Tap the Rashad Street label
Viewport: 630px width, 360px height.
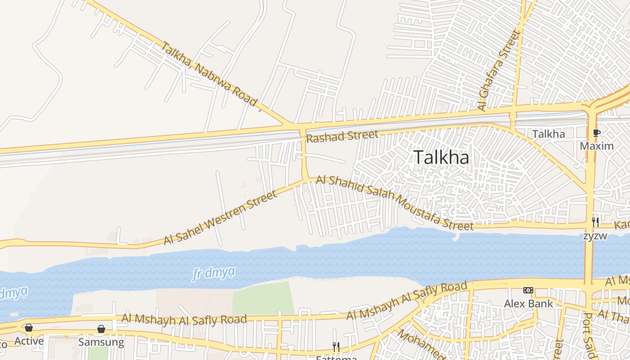[x=342, y=136]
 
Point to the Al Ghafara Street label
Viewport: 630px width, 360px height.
[x=499, y=70]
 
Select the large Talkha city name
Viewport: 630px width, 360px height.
[x=441, y=157]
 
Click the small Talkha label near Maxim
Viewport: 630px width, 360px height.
[x=548, y=134]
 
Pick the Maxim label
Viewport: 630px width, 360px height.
[x=597, y=146]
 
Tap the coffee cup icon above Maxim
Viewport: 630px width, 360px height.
[x=597, y=133]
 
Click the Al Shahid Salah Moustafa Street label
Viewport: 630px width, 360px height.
[x=394, y=202]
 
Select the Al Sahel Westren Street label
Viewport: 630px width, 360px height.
[x=220, y=218]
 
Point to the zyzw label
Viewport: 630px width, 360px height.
[x=595, y=236]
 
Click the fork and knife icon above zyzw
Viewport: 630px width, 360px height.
[x=595, y=222]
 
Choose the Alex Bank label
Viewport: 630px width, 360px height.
[x=528, y=304]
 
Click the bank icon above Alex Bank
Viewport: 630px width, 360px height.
[x=528, y=291]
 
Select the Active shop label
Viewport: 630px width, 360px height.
[x=29, y=341]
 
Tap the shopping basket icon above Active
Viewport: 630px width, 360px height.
[x=29, y=328]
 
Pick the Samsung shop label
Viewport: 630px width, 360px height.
[x=101, y=342]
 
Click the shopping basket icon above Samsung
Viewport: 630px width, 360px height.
[x=101, y=329]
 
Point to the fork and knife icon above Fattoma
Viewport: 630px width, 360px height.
[x=336, y=346]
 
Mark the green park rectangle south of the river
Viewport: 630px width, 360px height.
[x=263, y=298]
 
